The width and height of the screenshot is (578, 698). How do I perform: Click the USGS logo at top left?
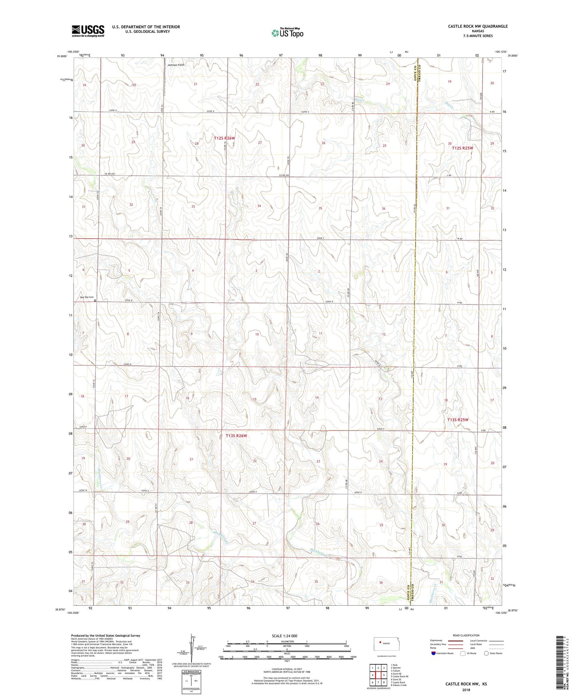[88, 31]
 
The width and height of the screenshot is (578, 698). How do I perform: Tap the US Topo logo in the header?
[287, 33]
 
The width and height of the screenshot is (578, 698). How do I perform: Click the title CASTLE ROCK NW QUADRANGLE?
[478, 26]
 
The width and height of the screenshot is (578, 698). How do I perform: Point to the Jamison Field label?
[176, 64]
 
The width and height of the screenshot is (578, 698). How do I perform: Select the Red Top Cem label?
[86, 297]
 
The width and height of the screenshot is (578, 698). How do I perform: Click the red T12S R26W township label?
[224, 138]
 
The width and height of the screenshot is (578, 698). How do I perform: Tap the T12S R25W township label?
[462, 148]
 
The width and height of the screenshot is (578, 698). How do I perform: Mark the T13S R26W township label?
[236, 436]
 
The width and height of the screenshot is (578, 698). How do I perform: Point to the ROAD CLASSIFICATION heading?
[466, 635]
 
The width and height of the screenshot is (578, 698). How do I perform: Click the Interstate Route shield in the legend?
[434, 653]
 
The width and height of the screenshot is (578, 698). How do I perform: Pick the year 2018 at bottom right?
[466, 690]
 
